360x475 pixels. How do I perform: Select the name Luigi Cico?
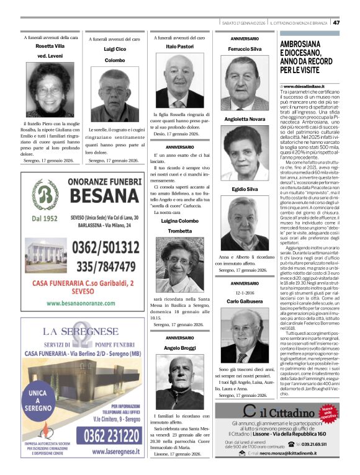point(114,48)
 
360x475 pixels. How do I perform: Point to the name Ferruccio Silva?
point(245,48)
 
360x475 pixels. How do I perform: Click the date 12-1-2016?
point(245,293)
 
